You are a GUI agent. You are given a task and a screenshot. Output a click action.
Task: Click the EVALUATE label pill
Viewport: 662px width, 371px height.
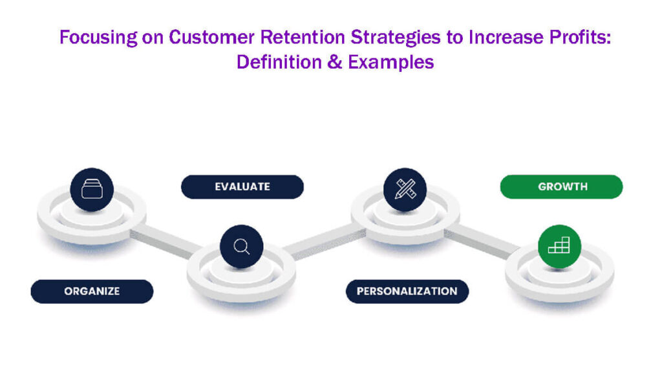click(x=242, y=186)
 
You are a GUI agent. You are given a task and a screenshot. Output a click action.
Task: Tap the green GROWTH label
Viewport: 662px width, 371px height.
click(x=562, y=186)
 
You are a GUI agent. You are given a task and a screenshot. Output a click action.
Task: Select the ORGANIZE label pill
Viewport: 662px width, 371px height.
click(x=92, y=291)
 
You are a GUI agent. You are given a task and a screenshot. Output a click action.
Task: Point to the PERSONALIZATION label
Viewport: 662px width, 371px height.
click(x=407, y=291)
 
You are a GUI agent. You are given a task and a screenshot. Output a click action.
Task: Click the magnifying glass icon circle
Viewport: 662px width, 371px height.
click(x=241, y=247)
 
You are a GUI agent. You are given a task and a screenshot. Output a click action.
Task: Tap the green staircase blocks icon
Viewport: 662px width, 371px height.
click(x=559, y=246)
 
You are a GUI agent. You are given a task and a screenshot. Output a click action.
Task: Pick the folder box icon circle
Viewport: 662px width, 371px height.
click(x=92, y=190)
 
